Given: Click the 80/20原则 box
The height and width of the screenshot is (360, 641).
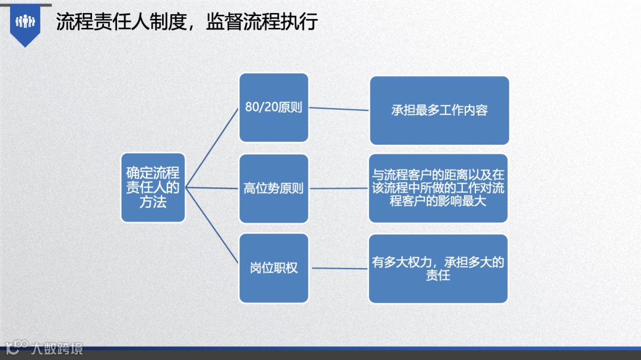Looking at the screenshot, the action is click(x=274, y=107).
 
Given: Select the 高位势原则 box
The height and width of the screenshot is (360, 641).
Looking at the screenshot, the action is click(x=274, y=189).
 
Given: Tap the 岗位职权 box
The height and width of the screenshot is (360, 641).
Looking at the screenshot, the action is click(x=274, y=267).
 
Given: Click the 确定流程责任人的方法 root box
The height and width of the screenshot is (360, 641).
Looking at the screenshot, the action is click(x=153, y=187).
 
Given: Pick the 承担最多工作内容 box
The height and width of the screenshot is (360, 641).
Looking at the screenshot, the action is click(x=439, y=110).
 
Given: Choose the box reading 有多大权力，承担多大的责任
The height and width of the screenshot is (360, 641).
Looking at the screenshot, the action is click(x=438, y=268).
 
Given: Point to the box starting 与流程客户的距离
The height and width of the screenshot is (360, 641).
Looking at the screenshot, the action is click(x=438, y=188).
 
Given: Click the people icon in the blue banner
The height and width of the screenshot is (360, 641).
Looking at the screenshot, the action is click(x=25, y=22).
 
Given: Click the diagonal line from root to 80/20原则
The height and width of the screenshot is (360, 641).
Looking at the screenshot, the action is click(x=212, y=148).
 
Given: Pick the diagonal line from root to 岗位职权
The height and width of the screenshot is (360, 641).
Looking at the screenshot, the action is click(x=212, y=228).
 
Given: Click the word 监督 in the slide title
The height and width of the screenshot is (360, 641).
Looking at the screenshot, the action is click(x=220, y=22).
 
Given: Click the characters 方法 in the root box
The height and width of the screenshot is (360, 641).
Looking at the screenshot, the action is click(x=153, y=202).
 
